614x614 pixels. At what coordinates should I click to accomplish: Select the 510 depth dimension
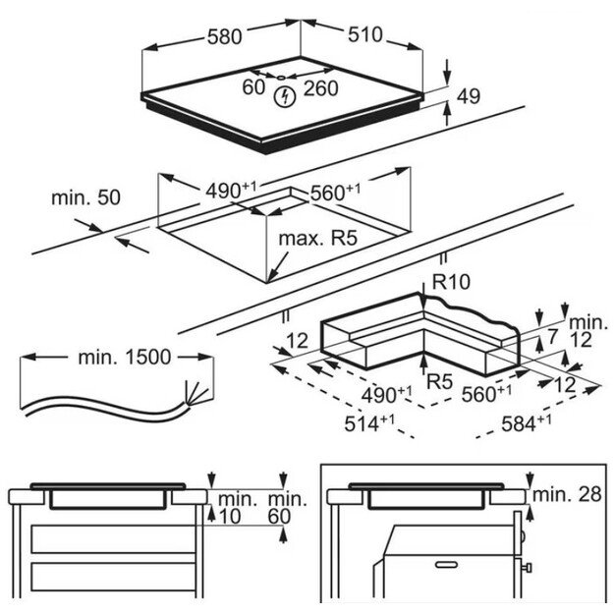pyautogui.click(x=363, y=36)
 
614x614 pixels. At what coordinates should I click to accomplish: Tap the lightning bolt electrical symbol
pyautogui.click(x=286, y=96)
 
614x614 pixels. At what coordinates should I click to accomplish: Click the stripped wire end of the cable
pyautogui.click(x=199, y=392)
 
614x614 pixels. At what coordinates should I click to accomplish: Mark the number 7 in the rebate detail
pyautogui.click(x=553, y=337)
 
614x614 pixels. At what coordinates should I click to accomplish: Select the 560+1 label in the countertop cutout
pyautogui.click(x=334, y=193)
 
